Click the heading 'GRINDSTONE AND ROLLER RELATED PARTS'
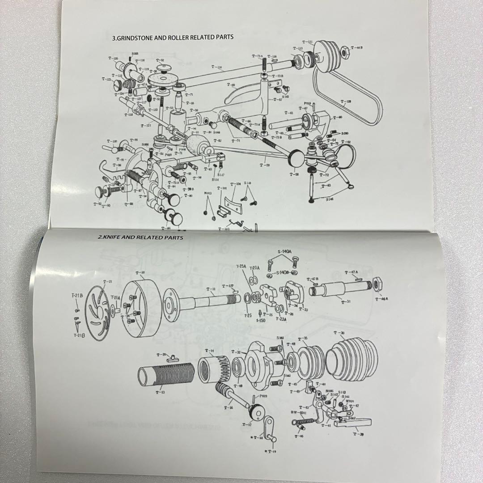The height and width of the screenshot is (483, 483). click(x=173, y=38)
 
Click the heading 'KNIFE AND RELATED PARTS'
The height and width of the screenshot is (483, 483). click(x=140, y=238)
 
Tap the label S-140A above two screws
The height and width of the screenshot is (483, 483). click(x=284, y=252)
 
